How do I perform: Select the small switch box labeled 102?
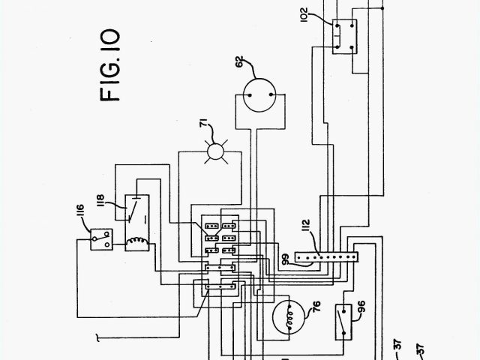tap(342, 34)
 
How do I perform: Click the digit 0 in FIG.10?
tap(108, 35)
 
